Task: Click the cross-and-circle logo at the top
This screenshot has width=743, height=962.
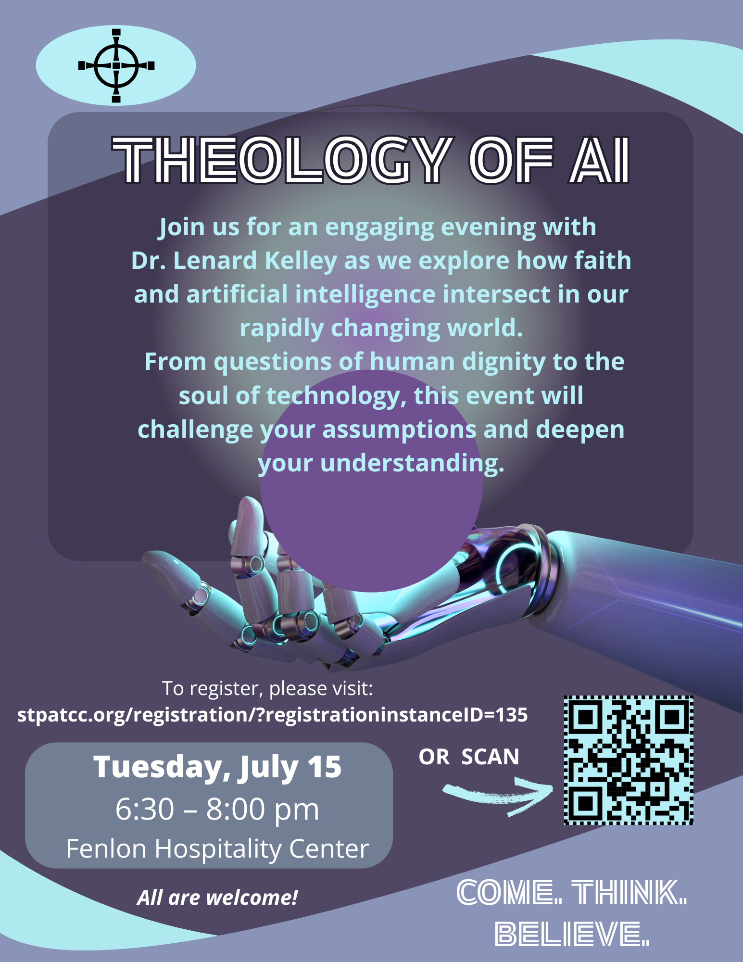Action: (x=116, y=65)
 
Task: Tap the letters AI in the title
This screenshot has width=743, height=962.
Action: (x=600, y=160)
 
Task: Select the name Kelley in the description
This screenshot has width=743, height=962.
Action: (x=301, y=261)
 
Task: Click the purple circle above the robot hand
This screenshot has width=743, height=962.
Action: (x=371, y=481)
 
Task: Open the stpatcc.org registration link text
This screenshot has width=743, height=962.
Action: (x=273, y=715)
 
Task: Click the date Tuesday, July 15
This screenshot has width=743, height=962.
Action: (x=217, y=767)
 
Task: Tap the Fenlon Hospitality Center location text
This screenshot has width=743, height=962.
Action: (x=217, y=849)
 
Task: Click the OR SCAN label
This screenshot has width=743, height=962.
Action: (x=469, y=757)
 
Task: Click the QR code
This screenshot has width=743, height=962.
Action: (x=629, y=760)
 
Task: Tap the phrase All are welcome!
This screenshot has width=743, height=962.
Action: (x=217, y=898)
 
